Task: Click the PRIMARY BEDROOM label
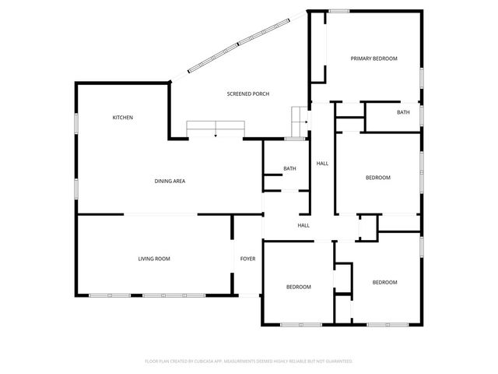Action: [373, 58]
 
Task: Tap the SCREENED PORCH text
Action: [248, 93]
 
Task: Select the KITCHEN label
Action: [123, 118]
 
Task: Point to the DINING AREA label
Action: [169, 181]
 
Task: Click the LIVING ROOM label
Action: [154, 259]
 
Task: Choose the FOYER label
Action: [247, 259]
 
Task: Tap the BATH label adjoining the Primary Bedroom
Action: [403, 112]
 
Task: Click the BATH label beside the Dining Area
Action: [289, 168]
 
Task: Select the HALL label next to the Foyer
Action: [303, 225]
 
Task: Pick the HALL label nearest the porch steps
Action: [322, 164]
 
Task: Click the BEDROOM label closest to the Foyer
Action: [298, 287]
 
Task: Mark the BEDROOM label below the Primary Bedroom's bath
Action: [377, 178]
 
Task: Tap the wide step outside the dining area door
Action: [215, 129]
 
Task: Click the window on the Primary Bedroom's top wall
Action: [337, 11]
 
